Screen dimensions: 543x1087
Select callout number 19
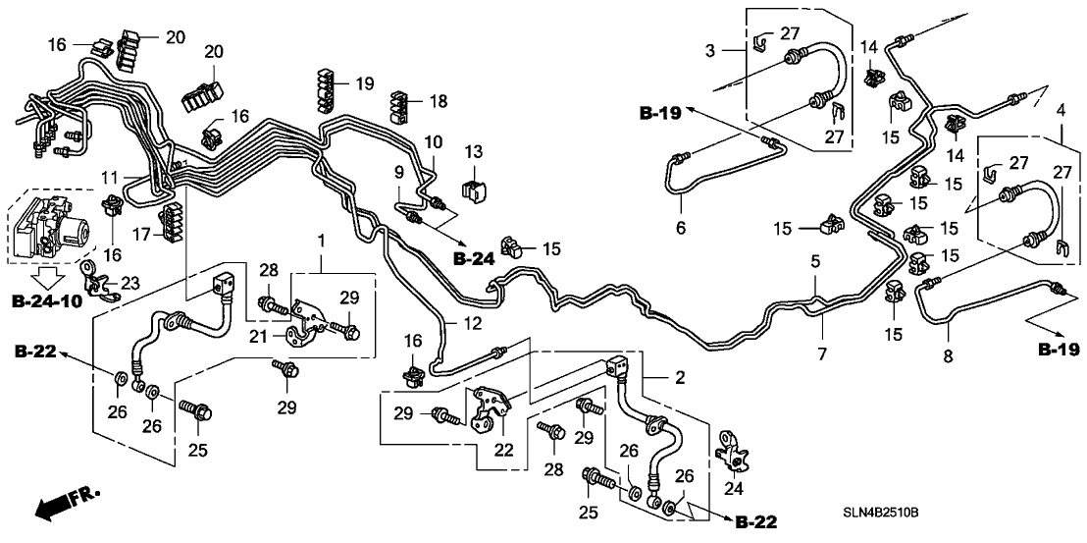click(x=364, y=84)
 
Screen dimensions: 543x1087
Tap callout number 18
click(x=438, y=101)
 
